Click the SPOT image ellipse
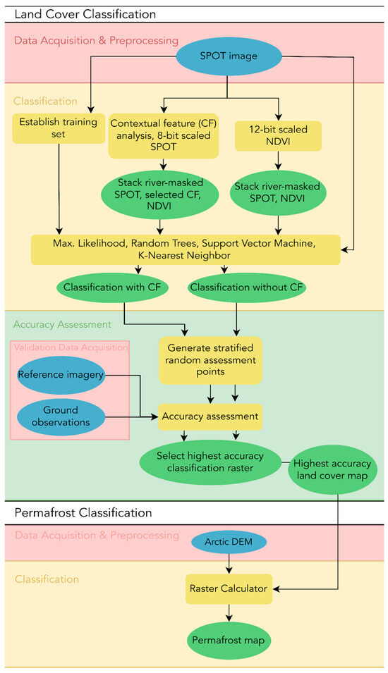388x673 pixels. coord(229,56)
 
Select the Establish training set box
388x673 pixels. coord(59,128)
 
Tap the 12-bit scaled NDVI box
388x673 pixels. coord(278,135)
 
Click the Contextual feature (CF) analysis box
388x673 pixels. coord(163,135)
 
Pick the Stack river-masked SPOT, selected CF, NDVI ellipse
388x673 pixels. coord(159,195)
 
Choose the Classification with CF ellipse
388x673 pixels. coord(111,287)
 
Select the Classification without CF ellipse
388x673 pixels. coord(247,287)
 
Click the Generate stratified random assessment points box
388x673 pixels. coord(210,360)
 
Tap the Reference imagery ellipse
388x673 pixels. coord(61,375)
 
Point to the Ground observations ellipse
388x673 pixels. coord(61,416)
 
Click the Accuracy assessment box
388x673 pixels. coord(210,416)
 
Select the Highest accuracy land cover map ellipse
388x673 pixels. coord(332,469)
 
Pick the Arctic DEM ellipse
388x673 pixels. coord(229,542)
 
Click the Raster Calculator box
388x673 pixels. coord(229,589)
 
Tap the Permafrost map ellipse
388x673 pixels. coord(229,641)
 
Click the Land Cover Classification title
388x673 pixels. coord(85,14)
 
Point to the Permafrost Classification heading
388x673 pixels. coord(83,513)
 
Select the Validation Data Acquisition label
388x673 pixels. coord(71,347)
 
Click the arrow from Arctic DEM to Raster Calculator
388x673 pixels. coord(229,564)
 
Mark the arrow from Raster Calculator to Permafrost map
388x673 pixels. coord(229,612)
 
